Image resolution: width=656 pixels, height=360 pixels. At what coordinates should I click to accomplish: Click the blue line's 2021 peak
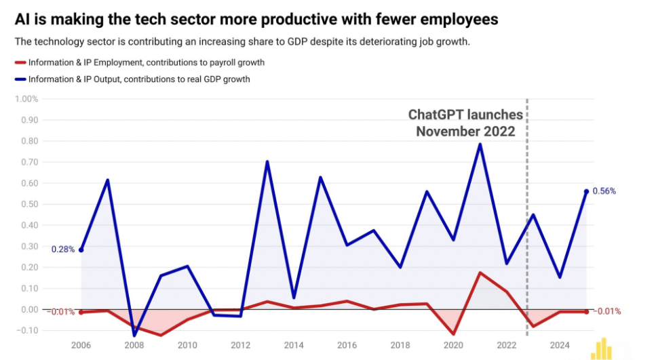tap(480, 144)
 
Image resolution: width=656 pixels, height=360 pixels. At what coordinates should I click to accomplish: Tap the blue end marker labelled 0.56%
tap(586, 191)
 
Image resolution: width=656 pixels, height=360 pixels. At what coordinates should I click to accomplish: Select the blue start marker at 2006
tap(81, 250)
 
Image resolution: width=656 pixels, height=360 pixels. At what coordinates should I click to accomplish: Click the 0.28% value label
tap(63, 249)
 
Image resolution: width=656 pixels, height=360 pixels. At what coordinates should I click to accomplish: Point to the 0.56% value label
tap(604, 191)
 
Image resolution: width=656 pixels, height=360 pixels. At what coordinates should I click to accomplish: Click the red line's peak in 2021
tap(480, 273)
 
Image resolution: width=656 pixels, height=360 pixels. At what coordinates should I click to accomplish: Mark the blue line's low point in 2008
tap(134, 335)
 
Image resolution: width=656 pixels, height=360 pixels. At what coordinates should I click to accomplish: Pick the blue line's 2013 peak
tap(267, 161)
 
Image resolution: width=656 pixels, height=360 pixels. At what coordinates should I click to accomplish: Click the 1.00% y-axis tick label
tap(26, 99)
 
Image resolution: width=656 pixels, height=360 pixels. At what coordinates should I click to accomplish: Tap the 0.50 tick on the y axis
tap(29, 204)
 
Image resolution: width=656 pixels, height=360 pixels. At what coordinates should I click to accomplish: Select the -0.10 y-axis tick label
tap(28, 331)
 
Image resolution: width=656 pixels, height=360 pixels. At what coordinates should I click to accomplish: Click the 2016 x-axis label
tap(347, 345)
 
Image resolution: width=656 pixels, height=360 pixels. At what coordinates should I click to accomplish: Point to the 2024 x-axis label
tap(560, 345)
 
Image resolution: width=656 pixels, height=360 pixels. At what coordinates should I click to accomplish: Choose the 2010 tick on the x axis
tap(187, 345)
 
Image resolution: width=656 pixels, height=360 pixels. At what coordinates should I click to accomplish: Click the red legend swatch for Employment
tap(20, 62)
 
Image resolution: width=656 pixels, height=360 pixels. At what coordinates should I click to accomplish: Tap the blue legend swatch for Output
tap(20, 79)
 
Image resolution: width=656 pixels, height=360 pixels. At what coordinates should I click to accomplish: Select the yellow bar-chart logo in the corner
tap(601, 348)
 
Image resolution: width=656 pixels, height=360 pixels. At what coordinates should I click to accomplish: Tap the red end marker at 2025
tap(586, 312)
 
